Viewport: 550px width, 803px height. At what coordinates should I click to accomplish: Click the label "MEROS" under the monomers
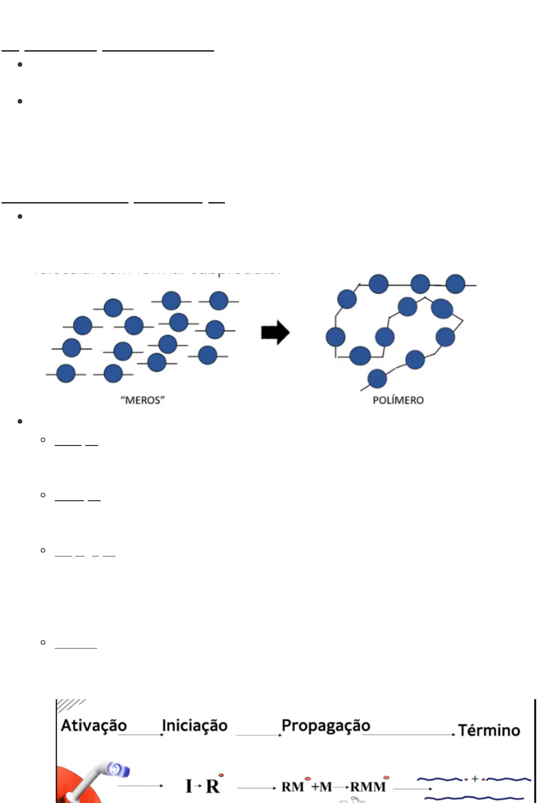coord(143,400)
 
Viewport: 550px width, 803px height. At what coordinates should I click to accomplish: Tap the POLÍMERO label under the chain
coord(398,400)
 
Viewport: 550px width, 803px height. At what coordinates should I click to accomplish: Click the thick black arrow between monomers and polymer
coord(275,332)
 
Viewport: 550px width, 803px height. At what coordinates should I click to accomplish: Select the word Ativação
coord(94,725)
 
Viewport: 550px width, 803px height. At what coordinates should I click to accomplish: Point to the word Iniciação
coord(194,725)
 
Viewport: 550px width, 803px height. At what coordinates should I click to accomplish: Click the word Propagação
coord(326,725)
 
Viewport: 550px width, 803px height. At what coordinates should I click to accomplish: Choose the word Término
coord(489,730)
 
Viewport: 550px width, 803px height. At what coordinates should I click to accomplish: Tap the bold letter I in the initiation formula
coord(189,786)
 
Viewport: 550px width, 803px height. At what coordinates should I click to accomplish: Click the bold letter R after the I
coord(212,786)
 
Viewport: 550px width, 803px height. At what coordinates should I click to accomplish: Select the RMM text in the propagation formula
coord(368,787)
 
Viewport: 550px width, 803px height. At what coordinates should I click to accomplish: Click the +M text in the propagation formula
coord(321,787)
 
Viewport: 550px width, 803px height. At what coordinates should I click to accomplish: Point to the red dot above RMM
coord(386,777)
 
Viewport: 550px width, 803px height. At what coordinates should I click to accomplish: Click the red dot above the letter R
coord(221,775)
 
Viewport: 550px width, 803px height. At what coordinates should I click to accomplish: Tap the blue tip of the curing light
coord(118,769)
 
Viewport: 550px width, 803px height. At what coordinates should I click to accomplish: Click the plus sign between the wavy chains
coord(474,778)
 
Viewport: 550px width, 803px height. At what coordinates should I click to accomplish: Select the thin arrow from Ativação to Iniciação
coord(141,735)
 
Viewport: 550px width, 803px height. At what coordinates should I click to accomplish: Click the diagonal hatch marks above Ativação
coord(70,705)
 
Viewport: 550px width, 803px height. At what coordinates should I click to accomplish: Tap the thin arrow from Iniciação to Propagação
coord(259,735)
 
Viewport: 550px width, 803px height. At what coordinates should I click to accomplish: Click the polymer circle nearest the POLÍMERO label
coord(377,378)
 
